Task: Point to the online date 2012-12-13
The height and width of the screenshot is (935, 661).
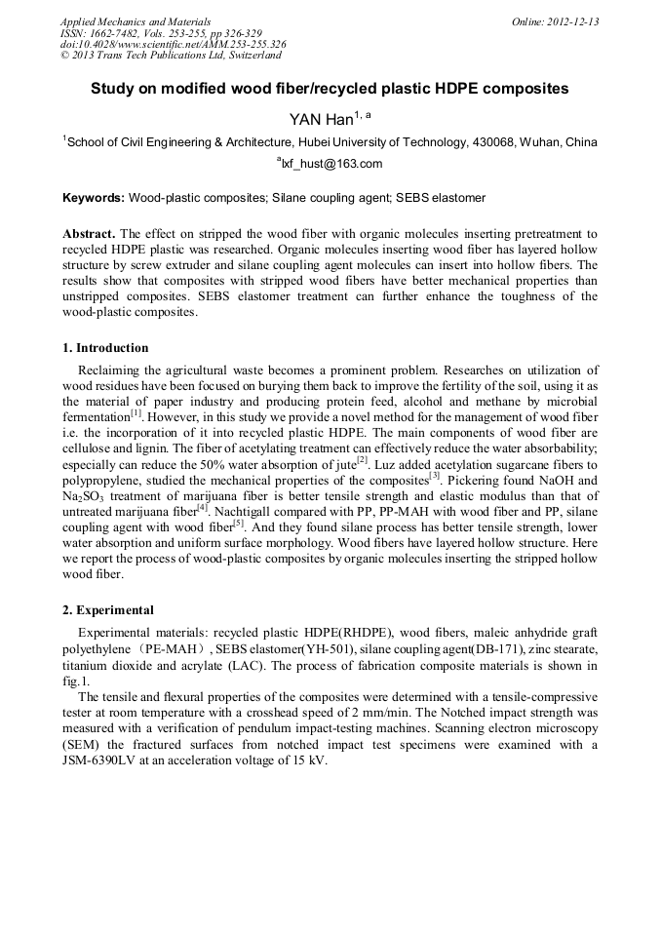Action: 574,20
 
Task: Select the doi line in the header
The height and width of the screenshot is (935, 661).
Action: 173,44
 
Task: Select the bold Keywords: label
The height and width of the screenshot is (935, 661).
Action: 93,198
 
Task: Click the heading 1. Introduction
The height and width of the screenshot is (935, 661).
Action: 105,348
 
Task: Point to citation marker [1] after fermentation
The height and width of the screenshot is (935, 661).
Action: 137,412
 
